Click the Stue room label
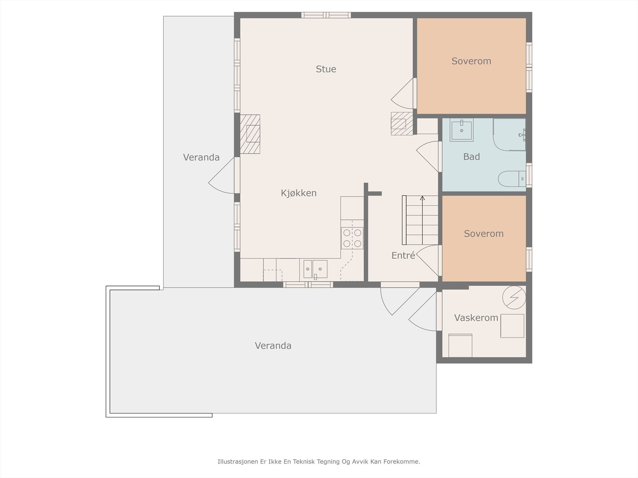(x=326, y=69)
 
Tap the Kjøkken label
(x=299, y=193)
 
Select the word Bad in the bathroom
(x=471, y=157)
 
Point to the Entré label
(x=403, y=255)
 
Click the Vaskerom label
(x=476, y=318)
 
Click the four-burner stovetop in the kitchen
(x=352, y=238)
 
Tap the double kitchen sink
(x=315, y=269)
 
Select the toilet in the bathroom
(x=512, y=179)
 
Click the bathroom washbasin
(x=462, y=130)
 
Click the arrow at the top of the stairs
(x=422, y=198)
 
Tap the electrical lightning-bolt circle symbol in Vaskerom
(x=514, y=297)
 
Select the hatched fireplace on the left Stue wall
(x=250, y=134)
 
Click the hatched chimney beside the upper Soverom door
(x=402, y=123)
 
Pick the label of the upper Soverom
(x=471, y=61)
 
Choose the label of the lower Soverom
(x=484, y=234)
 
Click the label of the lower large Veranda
(x=273, y=346)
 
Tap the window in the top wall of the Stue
(x=326, y=15)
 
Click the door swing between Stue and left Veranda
(x=221, y=175)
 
